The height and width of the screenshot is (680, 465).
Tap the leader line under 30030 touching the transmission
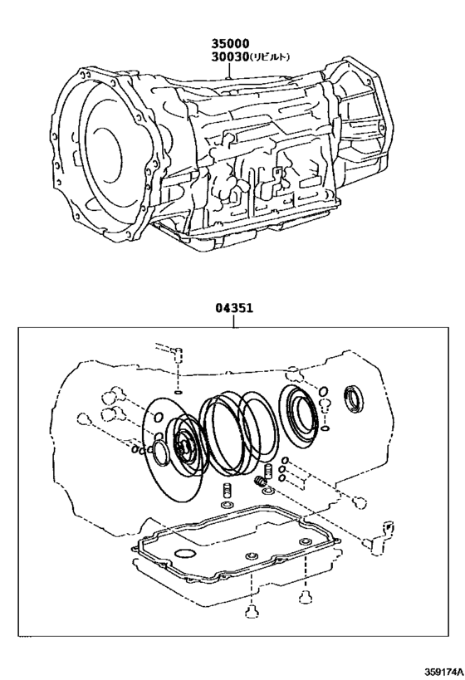coord(232,71)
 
